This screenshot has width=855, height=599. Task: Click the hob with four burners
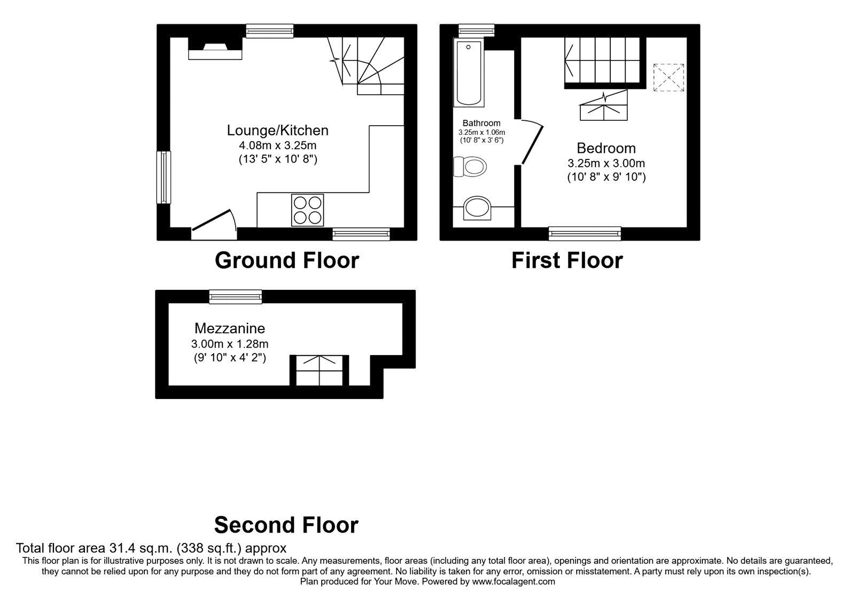[308, 210]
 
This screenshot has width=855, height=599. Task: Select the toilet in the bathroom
[470, 166]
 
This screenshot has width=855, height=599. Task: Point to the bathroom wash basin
[477, 209]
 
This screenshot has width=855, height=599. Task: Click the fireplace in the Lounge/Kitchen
[215, 49]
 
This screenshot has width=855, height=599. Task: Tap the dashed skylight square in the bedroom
[669, 78]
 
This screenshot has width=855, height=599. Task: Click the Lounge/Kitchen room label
[277, 130]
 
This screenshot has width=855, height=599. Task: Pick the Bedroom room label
[606, 148]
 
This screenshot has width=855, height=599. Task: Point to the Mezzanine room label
[230, 328]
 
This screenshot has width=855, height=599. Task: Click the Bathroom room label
[481, 123]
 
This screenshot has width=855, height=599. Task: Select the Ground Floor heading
[287, 260]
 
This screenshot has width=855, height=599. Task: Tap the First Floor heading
[567, 260]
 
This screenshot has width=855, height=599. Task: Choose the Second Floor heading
[286, 525]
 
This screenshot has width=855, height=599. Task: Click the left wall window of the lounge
[164, 178]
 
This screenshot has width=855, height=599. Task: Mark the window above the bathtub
[476, 30]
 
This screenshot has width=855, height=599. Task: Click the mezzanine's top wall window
[236, 297]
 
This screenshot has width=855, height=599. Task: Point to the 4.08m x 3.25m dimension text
[277, 145]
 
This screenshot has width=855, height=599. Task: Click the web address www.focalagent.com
[514, 581]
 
